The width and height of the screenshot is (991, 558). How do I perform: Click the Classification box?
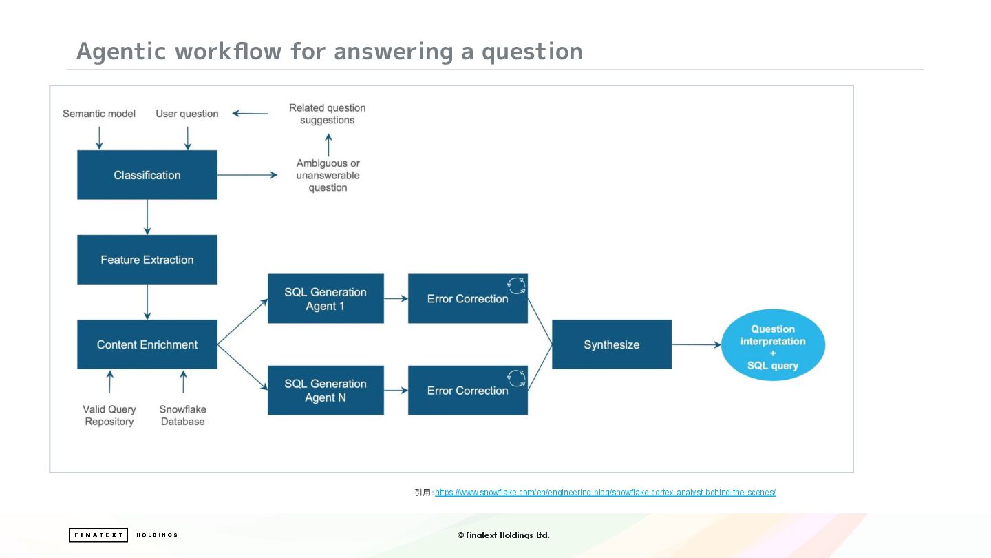(147, 175)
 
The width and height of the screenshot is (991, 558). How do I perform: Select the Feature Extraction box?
(147, 260)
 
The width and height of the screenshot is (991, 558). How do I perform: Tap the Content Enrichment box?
(147, 344)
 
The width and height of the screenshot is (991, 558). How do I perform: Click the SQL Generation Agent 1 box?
(326, 298)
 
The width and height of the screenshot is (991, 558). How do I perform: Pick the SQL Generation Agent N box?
(326, 390)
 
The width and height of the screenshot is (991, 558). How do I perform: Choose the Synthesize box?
(611, 344)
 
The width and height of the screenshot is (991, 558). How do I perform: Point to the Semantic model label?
(99, 114)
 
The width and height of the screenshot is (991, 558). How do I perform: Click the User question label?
(187, 114)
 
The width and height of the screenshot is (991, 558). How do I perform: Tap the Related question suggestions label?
(328, 114)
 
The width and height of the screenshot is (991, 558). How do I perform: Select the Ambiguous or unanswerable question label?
(328, 175)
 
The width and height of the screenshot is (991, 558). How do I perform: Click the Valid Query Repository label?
(109, 415)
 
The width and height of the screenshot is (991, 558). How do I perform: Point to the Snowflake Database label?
(183, 415)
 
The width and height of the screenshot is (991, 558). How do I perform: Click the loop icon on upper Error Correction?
(516, 285)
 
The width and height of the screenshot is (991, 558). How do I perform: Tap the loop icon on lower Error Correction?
(516, 378)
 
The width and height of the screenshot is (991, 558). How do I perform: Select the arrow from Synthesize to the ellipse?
(696, 344)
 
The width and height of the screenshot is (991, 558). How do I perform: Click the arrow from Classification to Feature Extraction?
(147, 217)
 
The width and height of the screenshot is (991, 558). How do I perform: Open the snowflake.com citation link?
(605, 493)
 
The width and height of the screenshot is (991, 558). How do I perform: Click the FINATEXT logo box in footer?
(98, 535)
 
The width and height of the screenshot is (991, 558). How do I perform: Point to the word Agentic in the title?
(121, 52)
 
